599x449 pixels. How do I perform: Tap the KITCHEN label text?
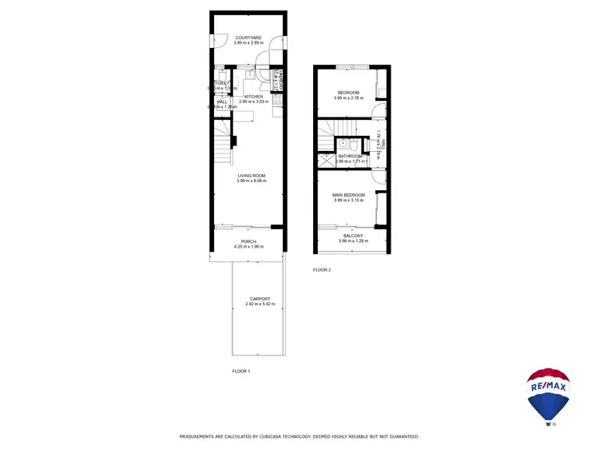[253, 97]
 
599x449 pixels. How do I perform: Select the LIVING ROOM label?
[251, 176]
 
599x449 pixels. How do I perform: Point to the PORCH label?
[249, 241]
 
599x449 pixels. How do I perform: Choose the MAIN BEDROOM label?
[349, 195]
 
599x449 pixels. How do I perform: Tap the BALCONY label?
[352, 236]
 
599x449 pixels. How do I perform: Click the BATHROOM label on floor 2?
[351, 156]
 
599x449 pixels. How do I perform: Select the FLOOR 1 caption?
[241, 372]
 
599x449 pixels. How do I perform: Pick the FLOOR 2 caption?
[321, 270]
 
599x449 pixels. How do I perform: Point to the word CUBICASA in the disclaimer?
[281, 437]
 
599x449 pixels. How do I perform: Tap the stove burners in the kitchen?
[277, 100]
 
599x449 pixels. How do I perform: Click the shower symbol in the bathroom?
[325, 158]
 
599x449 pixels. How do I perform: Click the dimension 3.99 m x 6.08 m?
[251, 181]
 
